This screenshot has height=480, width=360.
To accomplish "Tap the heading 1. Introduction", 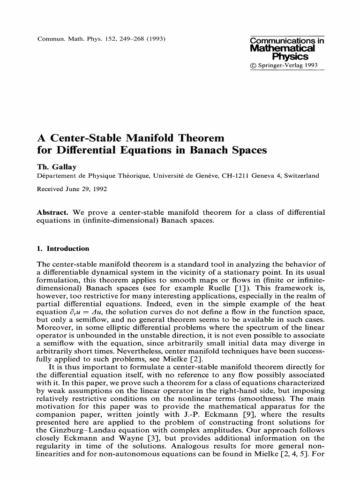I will pos(63,248).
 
